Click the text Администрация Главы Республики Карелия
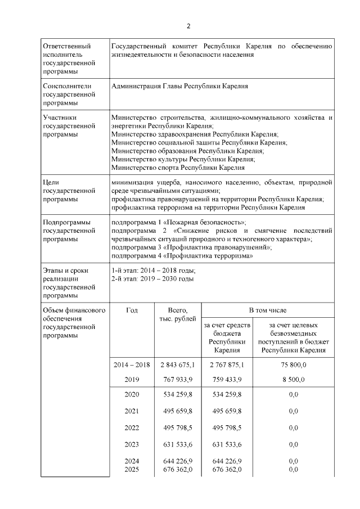tap(180, 87)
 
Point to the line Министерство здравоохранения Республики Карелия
tap(195, 135)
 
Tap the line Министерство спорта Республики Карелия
tap(178, 167)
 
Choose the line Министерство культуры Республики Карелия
tap(183, 159)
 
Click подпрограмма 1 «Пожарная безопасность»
tap(179, 223)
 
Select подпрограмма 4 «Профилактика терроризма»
tap(182, 255)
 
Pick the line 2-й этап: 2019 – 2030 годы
tap(152, 278)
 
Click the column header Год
tap(132, 310)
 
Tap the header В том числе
tap(268, 310)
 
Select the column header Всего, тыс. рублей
tap(178, 315)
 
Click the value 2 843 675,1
tap(178, 364)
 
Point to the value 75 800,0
tap(292, 364)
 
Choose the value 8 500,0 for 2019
tap(292, 380)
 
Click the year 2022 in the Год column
tap(132, 427)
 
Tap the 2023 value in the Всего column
tap(178, 444)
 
